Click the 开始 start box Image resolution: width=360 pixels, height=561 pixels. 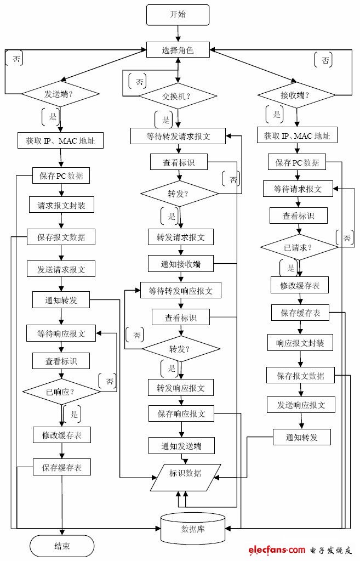click(178, 15)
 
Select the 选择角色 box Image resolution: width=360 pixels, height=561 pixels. click(178, 50)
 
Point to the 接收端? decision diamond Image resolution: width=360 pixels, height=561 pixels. click(296, 95)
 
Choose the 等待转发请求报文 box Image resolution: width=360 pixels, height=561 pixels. click(178, 136)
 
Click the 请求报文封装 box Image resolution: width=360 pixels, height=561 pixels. click(61, 206)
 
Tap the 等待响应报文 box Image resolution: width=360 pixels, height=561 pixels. click(61, 333)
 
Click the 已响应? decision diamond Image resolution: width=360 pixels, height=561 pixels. click(61, 392)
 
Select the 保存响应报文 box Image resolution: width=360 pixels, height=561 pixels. click(181, 414)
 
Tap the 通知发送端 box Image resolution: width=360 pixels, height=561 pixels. click(181, 446)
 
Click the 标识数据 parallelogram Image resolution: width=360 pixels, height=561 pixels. click(185, 473)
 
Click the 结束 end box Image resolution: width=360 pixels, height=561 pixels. click(61, 546)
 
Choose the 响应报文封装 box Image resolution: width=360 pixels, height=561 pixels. click(300, 343)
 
